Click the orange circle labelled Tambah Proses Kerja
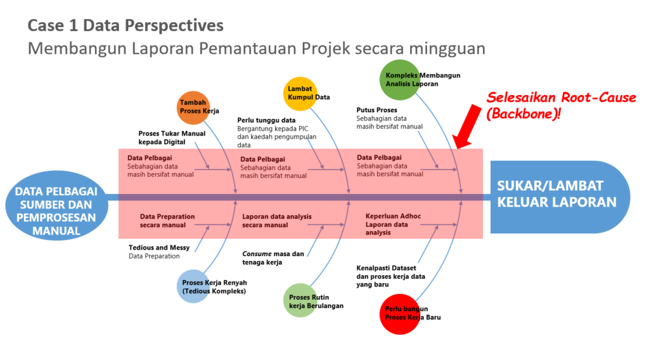click(193, 108)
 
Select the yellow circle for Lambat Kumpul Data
click(300, 94)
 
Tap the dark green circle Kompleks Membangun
click(399, 80)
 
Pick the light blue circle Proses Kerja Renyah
click(193, 286)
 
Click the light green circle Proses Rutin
click(300, 300)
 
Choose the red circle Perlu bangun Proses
click(400, 314)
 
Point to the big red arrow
click(467, 126)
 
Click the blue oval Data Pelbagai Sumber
click(56, 205)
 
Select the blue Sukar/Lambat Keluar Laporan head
click(560, 197)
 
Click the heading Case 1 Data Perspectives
click(125, 25)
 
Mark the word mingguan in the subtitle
click(447, 49)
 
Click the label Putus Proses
click(376, 110)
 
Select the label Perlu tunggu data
click(266, 120)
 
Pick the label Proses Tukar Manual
click(172, 134)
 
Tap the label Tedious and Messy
click(159, 247)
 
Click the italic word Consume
click(257, 254)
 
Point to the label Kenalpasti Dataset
click(386, 268)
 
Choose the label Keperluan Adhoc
click(393, 216)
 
